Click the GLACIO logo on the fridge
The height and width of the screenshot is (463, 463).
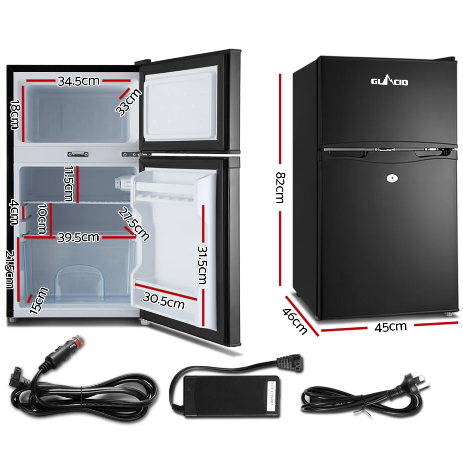tap(389, 82)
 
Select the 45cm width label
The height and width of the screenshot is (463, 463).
tap(391, 327)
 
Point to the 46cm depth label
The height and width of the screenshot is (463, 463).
tap(295, 320)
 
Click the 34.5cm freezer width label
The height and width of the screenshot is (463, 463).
tap(78, 81)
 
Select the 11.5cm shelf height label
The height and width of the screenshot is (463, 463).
tap(69, 183)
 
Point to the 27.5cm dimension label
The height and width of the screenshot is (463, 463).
tap(134, 224)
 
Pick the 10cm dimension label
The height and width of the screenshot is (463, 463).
tap(42, 219)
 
